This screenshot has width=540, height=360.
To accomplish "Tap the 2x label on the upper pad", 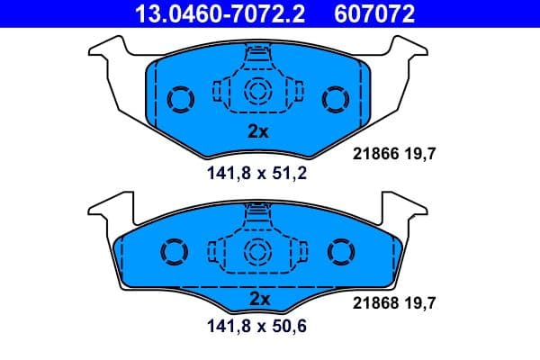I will (258, 130).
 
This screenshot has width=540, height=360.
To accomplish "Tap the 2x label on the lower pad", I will (258, 298).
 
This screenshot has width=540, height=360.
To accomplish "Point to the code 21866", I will (368, 154).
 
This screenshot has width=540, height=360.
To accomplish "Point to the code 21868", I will (368, 304).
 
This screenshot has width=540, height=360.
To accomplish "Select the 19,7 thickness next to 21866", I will (419, 154).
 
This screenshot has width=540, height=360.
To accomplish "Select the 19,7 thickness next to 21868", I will (419, 304).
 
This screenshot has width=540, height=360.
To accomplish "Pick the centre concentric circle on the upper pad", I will (258, 90).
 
